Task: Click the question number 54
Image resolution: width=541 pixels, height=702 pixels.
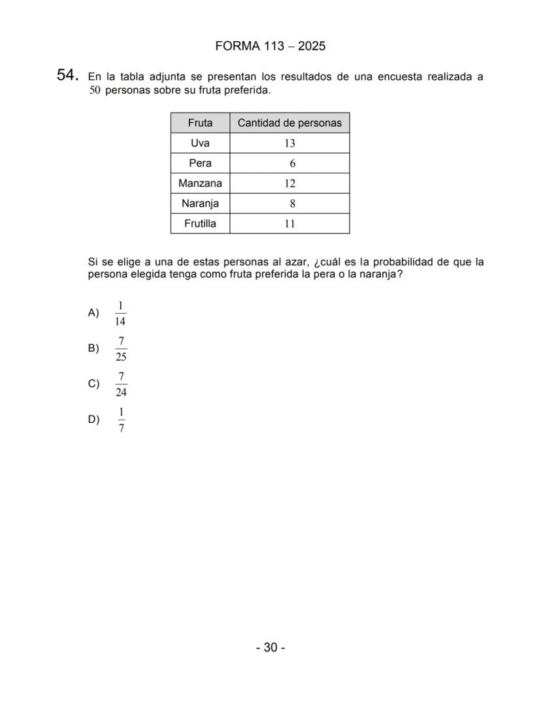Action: point(67,76)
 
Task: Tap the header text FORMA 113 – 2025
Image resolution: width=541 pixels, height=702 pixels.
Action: point(270,46)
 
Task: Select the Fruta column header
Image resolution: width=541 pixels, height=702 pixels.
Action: point(200,123)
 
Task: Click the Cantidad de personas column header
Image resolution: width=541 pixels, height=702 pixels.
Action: point(289,123)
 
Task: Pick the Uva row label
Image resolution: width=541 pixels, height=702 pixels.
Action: point(200,143)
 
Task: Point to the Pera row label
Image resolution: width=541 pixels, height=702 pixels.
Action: point(200,163)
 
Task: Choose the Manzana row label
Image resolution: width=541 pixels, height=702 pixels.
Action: point(200,184)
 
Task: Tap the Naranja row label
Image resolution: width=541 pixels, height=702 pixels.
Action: point(200,203)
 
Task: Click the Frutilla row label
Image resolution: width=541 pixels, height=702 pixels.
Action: point(200,224)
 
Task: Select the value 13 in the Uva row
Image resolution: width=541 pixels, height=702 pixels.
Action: point(289,144)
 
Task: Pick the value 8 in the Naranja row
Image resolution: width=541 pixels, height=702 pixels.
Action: point(293,204)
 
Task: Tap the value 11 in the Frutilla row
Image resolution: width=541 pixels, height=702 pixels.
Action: point(289,224)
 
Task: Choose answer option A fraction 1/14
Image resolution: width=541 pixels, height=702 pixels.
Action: point(120,313)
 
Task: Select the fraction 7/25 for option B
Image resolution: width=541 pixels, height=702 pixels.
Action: point(121,348)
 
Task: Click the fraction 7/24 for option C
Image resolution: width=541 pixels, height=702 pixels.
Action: point(121,384)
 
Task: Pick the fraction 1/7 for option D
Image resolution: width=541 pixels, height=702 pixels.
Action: point(121,420)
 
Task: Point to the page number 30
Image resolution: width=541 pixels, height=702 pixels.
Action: point(270,648)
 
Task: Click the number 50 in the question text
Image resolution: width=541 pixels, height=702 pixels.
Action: point(95,90)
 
